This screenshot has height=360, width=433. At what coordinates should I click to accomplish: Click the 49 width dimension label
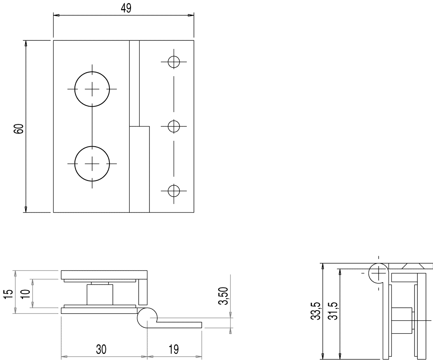pos(126,8)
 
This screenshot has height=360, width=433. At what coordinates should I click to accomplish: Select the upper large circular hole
pos(92,89)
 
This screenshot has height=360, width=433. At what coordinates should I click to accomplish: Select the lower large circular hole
pos(92,164)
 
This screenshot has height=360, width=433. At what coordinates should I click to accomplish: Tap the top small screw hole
pos(174,62)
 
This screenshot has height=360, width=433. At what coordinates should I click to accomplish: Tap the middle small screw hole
pos(174,126)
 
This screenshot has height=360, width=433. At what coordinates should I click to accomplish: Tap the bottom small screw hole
pos(174,191)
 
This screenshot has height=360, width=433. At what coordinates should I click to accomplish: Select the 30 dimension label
pos(101,349)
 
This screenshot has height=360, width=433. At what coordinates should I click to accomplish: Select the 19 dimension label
pos(174,349)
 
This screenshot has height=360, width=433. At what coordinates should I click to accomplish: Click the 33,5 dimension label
pos(315,311)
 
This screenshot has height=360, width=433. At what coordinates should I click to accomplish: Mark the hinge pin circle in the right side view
pos(378,273)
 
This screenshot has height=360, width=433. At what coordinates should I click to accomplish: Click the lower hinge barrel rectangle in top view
pos(139,169)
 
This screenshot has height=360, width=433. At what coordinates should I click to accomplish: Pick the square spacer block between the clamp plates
pos(100,295)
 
